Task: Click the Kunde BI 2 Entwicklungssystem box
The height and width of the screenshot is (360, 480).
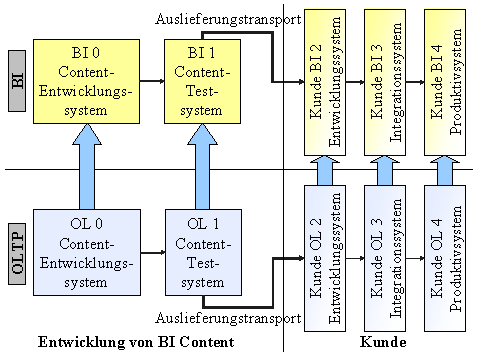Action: click(x=324, y=82)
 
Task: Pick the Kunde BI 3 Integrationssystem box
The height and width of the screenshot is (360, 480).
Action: click(x=385, y=82)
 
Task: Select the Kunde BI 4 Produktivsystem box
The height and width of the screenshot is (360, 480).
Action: click(x=445, y=82)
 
